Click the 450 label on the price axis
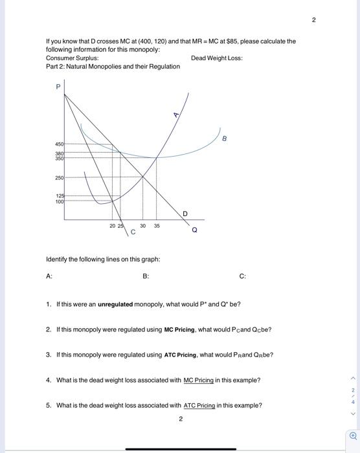[x=59, y=144]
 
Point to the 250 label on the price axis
[x=59, y=177]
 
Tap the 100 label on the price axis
[x=59, y=202]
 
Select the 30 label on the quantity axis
[x=142, y=226]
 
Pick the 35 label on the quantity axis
[x=157, y=226]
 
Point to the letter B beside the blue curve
[x=224, y=138]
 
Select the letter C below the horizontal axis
[x=133, y=232]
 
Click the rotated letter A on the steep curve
[x=175, y=115]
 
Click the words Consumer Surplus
[x=72, y=58]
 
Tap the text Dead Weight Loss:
[x=217, y=58]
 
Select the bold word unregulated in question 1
[x=115, y=304]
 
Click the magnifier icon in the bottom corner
[x=353, y=436]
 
